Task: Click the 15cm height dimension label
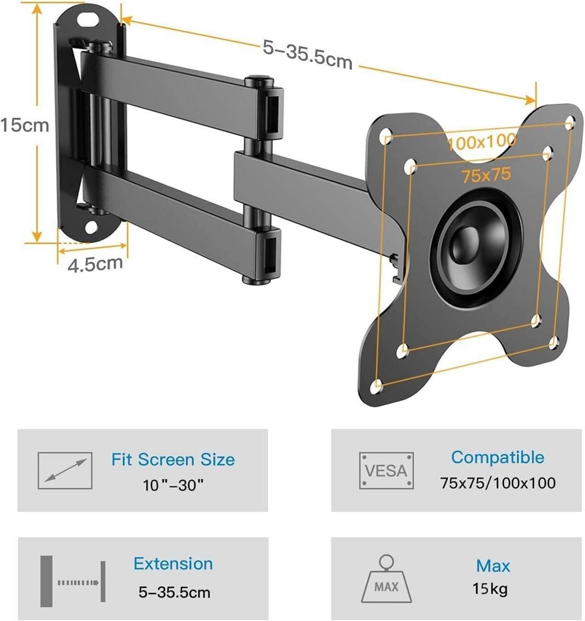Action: (25, 125)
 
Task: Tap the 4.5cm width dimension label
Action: (95, 264)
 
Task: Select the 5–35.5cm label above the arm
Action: (307, 54)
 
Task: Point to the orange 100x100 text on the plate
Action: (481, 142)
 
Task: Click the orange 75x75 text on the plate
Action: (486, 175)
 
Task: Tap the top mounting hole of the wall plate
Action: (88, 19)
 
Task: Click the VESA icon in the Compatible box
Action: (386, 470)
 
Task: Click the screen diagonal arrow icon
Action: (65, 470)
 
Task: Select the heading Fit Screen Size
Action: (173, 459)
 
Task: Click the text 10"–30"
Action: (173, 485)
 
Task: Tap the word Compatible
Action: (497, 457)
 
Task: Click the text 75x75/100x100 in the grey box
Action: (498, 483)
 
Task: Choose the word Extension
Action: (173, 564)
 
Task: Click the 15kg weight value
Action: (490, 589)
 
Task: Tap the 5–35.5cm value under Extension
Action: (174, 592)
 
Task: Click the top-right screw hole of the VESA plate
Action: (570, 121)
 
